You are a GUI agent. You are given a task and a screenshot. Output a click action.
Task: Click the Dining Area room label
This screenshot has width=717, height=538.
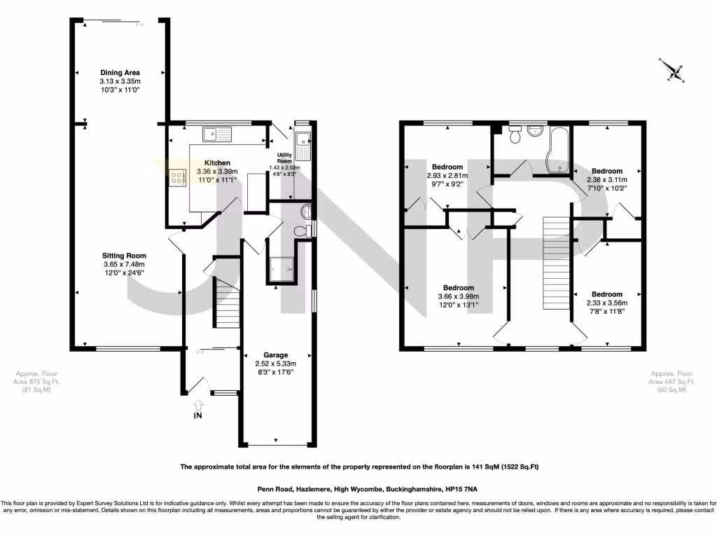pyautogui.click(x=120, y=72)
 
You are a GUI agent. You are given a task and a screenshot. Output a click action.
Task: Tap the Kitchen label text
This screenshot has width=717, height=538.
pyautogui.click(x=217, y=163)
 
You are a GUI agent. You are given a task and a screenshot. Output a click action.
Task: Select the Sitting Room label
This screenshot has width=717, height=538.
pyautogui.click(x=124, y=256)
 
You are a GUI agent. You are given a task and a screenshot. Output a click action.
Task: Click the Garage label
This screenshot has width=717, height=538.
pyautogui.click(x=276, y=355)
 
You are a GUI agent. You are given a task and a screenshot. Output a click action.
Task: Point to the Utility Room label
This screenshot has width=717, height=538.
pyautogui.click(x=285, y=158)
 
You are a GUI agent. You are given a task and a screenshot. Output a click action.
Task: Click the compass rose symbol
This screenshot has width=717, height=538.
pyautogui.click(x=675, y=71)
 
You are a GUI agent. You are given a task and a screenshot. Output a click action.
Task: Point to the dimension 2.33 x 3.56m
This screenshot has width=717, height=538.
pyautogui.click(x=606, y=303)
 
